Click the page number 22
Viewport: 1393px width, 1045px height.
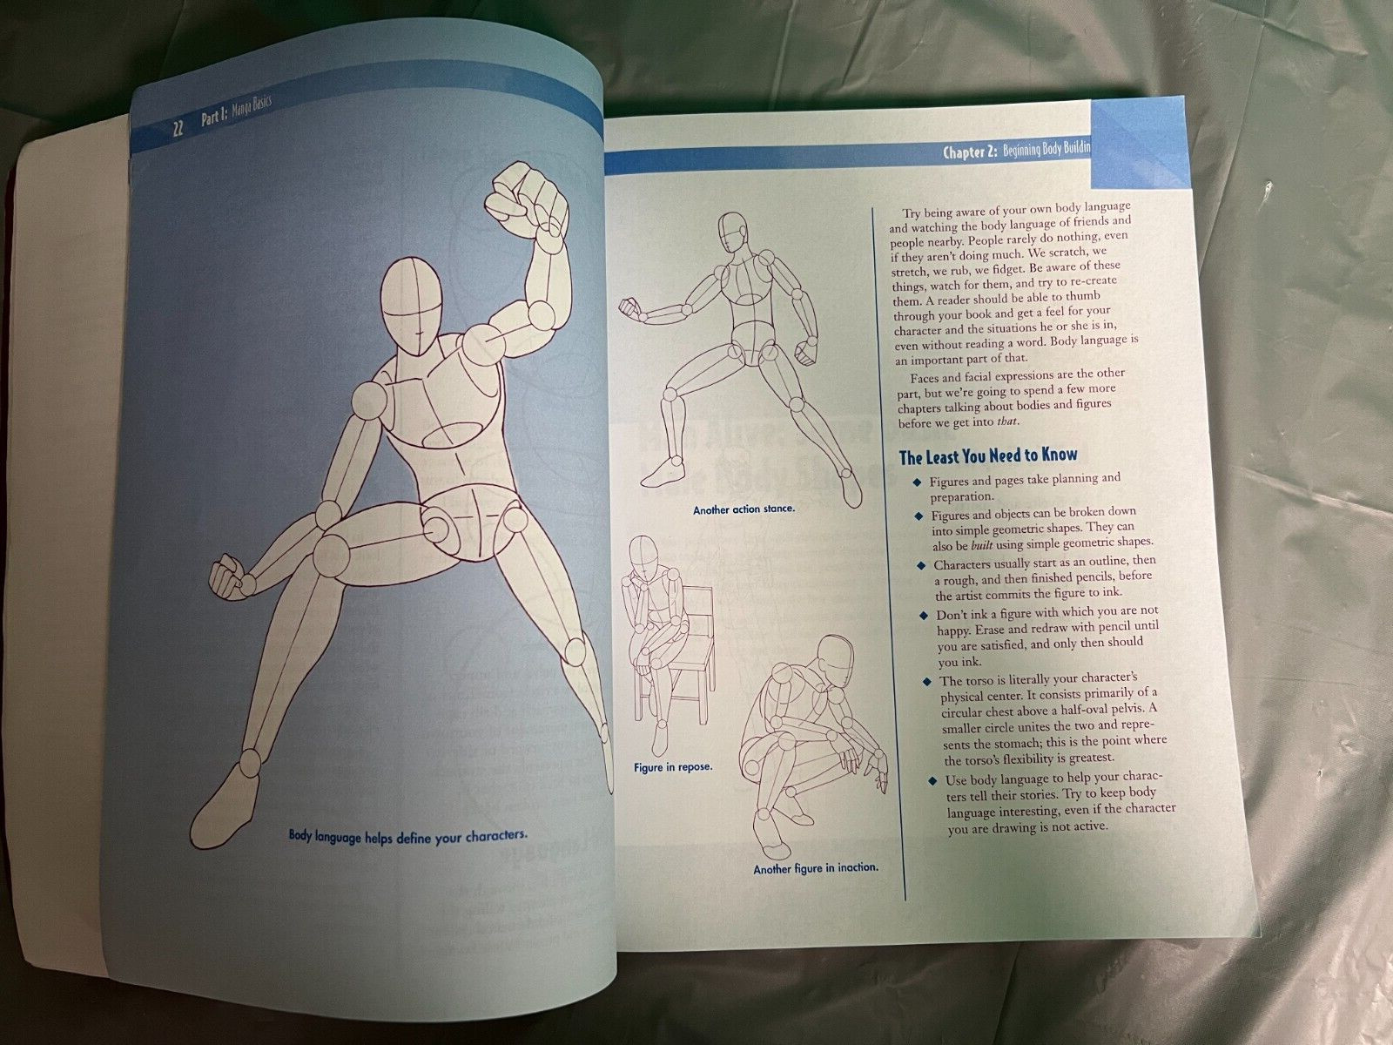[178, 128]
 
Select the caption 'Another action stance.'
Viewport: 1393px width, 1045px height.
[744, 509]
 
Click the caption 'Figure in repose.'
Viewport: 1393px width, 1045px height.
[673, 767]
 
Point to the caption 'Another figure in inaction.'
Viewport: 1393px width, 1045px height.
[816, 868]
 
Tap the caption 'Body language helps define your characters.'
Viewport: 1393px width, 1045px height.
[407, 836]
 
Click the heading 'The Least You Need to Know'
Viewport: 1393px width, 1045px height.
[987, 455]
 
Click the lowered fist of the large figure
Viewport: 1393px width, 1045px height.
[229, 576]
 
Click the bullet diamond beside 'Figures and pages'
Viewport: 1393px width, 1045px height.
[917, 482]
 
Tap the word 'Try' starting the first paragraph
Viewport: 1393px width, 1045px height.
[912, 213]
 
